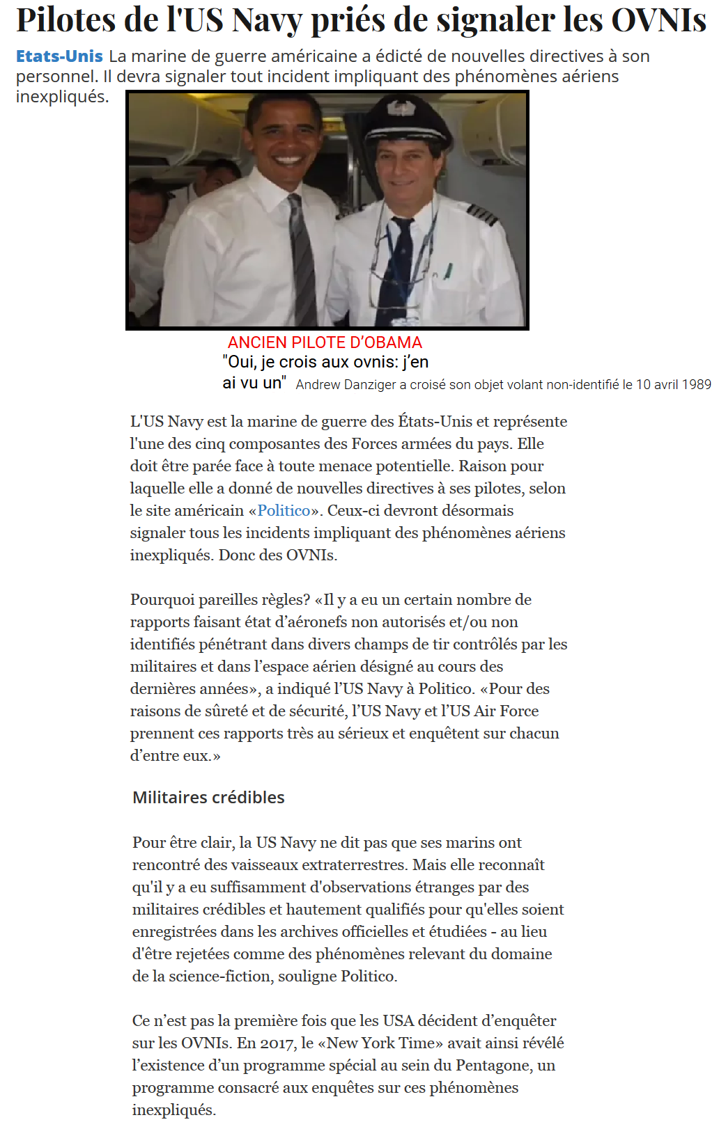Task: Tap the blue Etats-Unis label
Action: pyautogui.click(x=59, y=56)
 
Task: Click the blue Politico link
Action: pyautogui.click(x=284, y=510)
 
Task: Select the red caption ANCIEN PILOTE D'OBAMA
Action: pyautogui.click(x=325, y=342)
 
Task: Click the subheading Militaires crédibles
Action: pyautogui.click(x=208, y=797)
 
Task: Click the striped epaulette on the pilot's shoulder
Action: pyautogui.click(x=482, y=214)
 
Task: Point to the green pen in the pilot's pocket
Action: pyautogui.click(x=448, y=271)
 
